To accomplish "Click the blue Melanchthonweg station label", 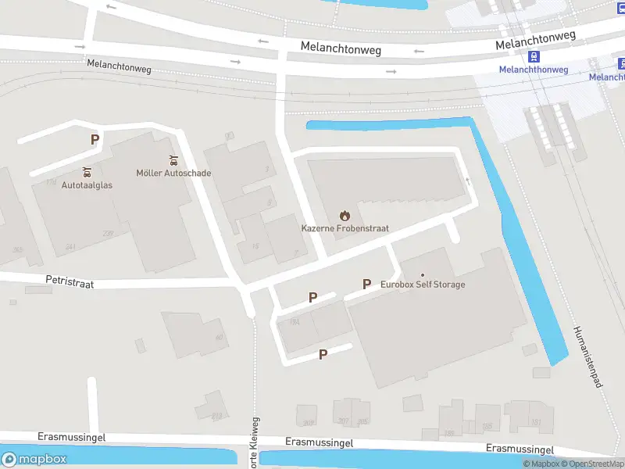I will click(534, 70).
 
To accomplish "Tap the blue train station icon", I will click(534, 56).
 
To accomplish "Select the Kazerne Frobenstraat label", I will click(345, 228).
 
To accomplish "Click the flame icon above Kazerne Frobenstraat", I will click(345, 215).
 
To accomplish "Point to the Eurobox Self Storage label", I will click(423, 285).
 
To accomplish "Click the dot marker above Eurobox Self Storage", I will click(423, 274).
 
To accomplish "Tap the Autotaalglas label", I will click(86, 186).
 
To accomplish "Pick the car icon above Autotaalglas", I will click(87, 172).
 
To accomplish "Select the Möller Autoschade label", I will click(173, 173).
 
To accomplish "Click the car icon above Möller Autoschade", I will click(173, 159).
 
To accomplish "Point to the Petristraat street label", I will click(70, 282).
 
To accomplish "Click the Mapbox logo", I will click(34, 460).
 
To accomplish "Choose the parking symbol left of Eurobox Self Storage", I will click(366, 284).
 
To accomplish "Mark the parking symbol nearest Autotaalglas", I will click(95, 140).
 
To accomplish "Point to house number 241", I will click(70, 247).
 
